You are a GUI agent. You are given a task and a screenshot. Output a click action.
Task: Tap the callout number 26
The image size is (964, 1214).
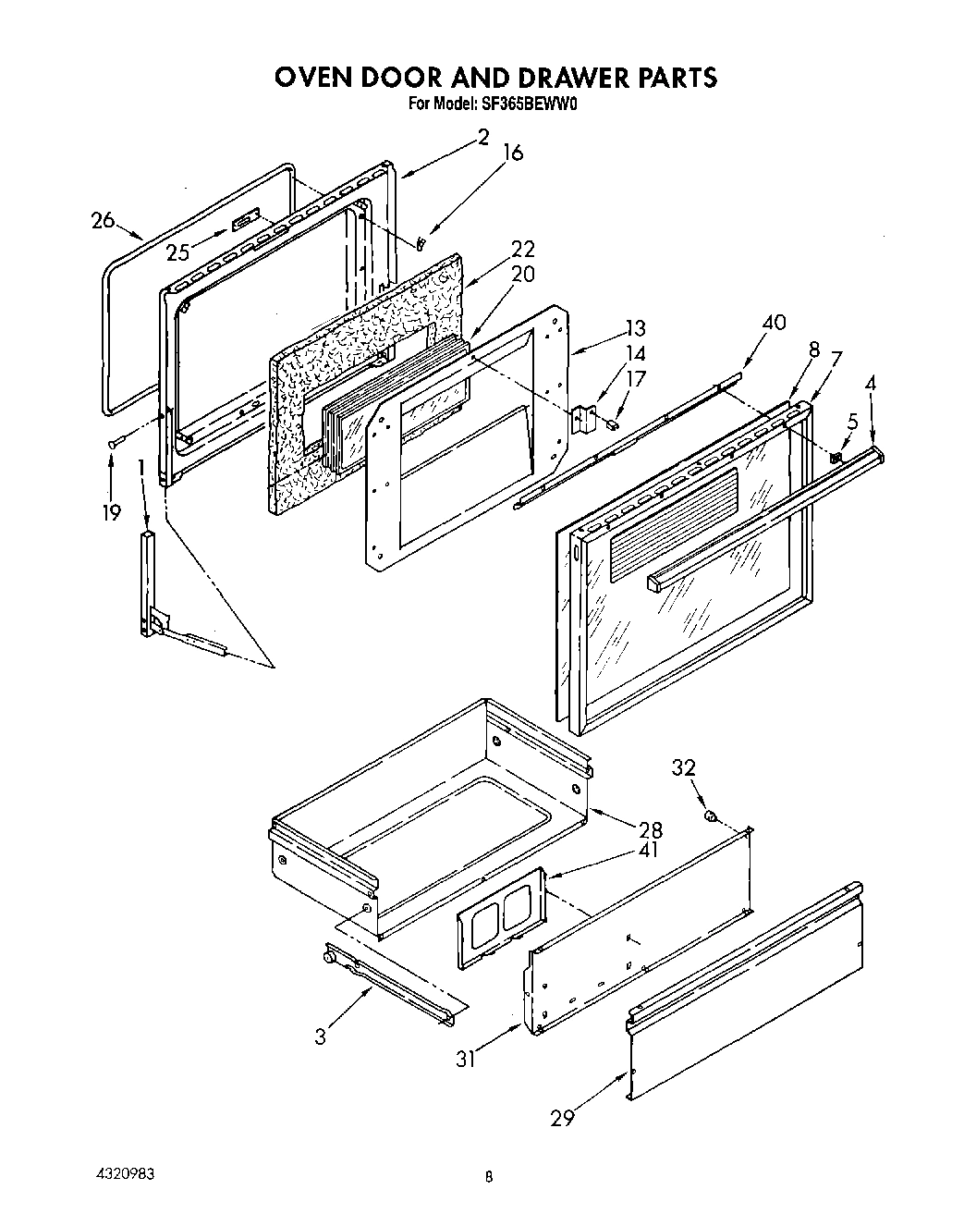[x=104, y=220]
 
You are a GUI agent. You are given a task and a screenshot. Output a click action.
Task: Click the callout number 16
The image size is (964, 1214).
[x=513, y=153]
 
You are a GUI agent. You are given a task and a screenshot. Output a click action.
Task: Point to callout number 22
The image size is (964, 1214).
[x=522, y=249]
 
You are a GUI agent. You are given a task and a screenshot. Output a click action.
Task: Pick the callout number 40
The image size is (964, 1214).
[x=774, y=323]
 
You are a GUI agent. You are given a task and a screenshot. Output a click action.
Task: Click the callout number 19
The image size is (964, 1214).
[x=112, y=512]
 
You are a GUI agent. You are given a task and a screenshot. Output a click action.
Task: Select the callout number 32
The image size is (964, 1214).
[x=683, y=768]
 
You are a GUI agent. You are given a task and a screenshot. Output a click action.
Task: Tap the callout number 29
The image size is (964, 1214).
[x=562, y=1118]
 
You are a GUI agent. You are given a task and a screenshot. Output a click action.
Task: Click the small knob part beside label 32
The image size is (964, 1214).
[x=711, y=816]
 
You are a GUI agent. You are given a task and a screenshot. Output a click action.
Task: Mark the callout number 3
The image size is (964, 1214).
[x=320, y=1036]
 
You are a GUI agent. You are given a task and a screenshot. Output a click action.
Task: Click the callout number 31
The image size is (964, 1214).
[x=466, y=1060]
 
